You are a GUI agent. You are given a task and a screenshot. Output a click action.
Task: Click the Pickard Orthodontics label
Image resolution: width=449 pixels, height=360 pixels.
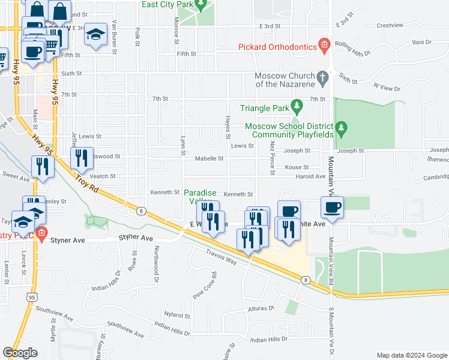pos(277,46)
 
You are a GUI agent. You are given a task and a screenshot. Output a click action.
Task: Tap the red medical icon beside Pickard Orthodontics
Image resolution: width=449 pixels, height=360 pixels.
pos(325,44)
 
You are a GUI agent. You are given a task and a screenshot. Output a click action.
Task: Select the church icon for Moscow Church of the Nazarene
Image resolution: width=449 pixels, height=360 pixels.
pos(323,77)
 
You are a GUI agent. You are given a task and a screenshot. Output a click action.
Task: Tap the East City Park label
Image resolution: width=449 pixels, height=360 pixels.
pos(168,5)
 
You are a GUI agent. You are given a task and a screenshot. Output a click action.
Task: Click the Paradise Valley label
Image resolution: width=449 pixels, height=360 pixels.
pos(199,197)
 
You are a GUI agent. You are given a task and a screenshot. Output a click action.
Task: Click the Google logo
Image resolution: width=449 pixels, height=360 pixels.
pos(20,352)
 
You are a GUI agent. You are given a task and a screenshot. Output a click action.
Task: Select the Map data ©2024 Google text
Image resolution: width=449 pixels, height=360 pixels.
pos(412,355)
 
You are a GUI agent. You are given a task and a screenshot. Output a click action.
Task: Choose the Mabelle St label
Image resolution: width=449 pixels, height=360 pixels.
pos(209,159)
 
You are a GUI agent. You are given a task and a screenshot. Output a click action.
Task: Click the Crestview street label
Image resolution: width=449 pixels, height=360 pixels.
pos(390,25)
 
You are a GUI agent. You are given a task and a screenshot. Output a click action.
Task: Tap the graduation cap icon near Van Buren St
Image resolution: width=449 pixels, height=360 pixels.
pos(95,35)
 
